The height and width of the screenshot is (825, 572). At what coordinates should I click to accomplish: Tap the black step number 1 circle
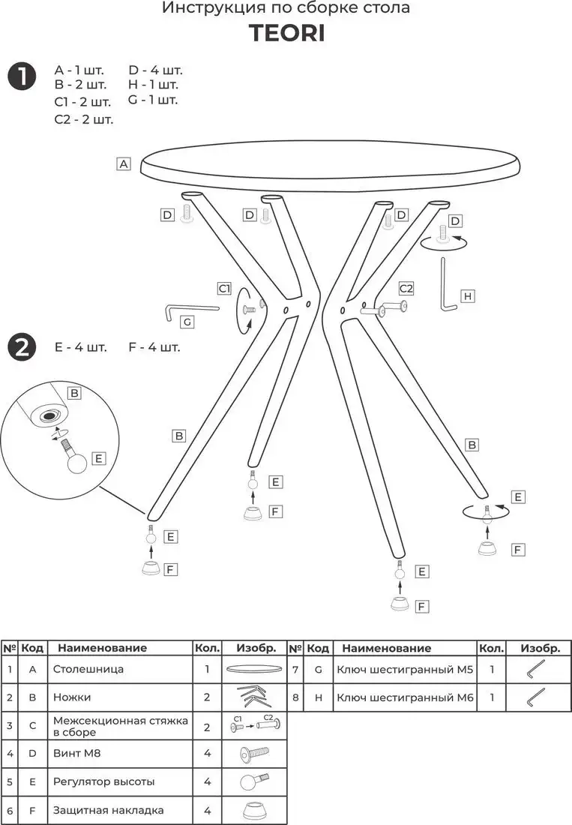(22, 76)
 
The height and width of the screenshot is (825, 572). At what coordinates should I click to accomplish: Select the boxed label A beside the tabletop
(124, 163)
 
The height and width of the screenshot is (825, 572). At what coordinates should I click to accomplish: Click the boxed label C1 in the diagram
(224, 288)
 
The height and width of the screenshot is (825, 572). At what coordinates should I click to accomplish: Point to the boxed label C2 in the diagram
(406, 288)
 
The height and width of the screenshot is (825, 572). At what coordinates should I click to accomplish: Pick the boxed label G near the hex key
(188, 322)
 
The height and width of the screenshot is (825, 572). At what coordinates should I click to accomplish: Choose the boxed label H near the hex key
(467, 296)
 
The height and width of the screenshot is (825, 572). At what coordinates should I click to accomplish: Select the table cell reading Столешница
(88, 669)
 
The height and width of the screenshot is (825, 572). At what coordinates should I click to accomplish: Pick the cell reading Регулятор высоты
(104, 781)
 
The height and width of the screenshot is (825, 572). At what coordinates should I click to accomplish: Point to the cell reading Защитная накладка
(108, 810)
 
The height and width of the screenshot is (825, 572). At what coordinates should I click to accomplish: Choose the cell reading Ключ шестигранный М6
(406, 697)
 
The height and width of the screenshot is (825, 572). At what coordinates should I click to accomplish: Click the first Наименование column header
(103, 648)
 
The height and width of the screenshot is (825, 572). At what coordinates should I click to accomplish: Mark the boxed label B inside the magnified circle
(74, 393)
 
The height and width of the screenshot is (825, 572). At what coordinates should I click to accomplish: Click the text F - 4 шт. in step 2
(154, 347)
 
